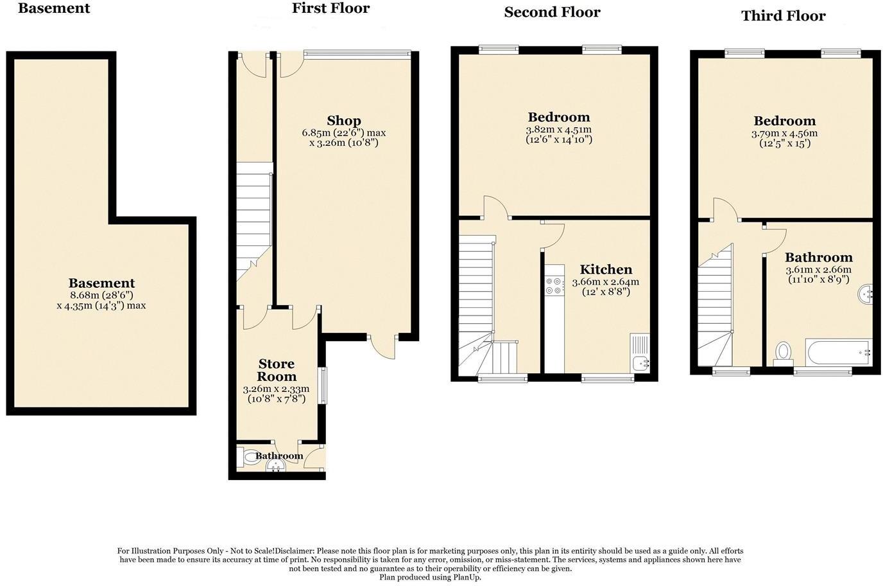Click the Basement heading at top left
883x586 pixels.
[x=54, y=8]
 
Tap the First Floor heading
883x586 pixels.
[x=330, y=8]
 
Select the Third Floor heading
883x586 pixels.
[x=783, y=16]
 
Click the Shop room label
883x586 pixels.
[x=344, y=121]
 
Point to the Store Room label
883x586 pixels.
[x=277, y=371]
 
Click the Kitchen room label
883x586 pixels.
[x=606, y=270]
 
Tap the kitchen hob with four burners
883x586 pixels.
[x=553, y=286]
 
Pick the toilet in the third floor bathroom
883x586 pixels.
[x=783, y=353]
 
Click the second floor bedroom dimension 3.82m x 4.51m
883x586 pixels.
[x=558, y=130]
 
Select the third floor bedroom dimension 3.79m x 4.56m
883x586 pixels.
[x=784, y=134]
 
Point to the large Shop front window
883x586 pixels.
[x=357, y=54]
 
